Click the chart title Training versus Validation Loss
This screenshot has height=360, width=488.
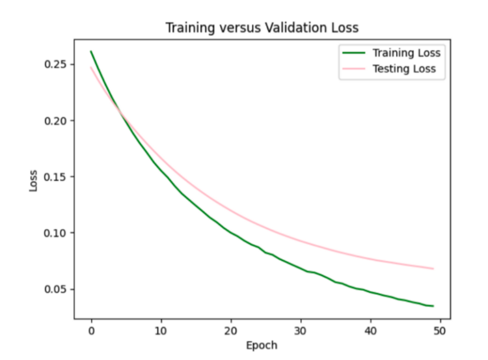click(x=262, y=28)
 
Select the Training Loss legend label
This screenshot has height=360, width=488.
click(x=406, y=53)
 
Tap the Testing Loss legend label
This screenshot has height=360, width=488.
click(x=403, y=69)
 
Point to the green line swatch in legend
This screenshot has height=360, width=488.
click(x=351, y=53)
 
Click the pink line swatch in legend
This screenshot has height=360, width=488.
click(x=351, y=69)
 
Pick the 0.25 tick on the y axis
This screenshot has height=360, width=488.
click(x=55, y=64)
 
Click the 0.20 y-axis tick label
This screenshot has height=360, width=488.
click(x=55, y=120)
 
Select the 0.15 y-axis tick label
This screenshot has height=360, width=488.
click(x=55, y=176)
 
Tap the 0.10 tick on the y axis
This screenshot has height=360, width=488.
click(x=55, y=232)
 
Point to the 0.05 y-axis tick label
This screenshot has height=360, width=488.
click(x=55, y=289)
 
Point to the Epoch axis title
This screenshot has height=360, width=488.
click(x=262, y=345)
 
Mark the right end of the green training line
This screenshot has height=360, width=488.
click(x=433, y=306)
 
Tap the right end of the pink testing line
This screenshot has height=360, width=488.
click(x=433, y=268)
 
